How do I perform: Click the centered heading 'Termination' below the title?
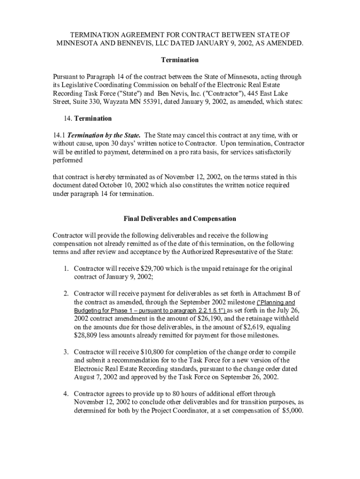point(180,60)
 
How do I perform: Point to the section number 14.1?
point(59,135)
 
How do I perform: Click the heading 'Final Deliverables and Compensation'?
point(180,218)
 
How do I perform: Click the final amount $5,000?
point(293,411)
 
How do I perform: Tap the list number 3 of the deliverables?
point(66,352)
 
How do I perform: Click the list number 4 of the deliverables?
point(66,394)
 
